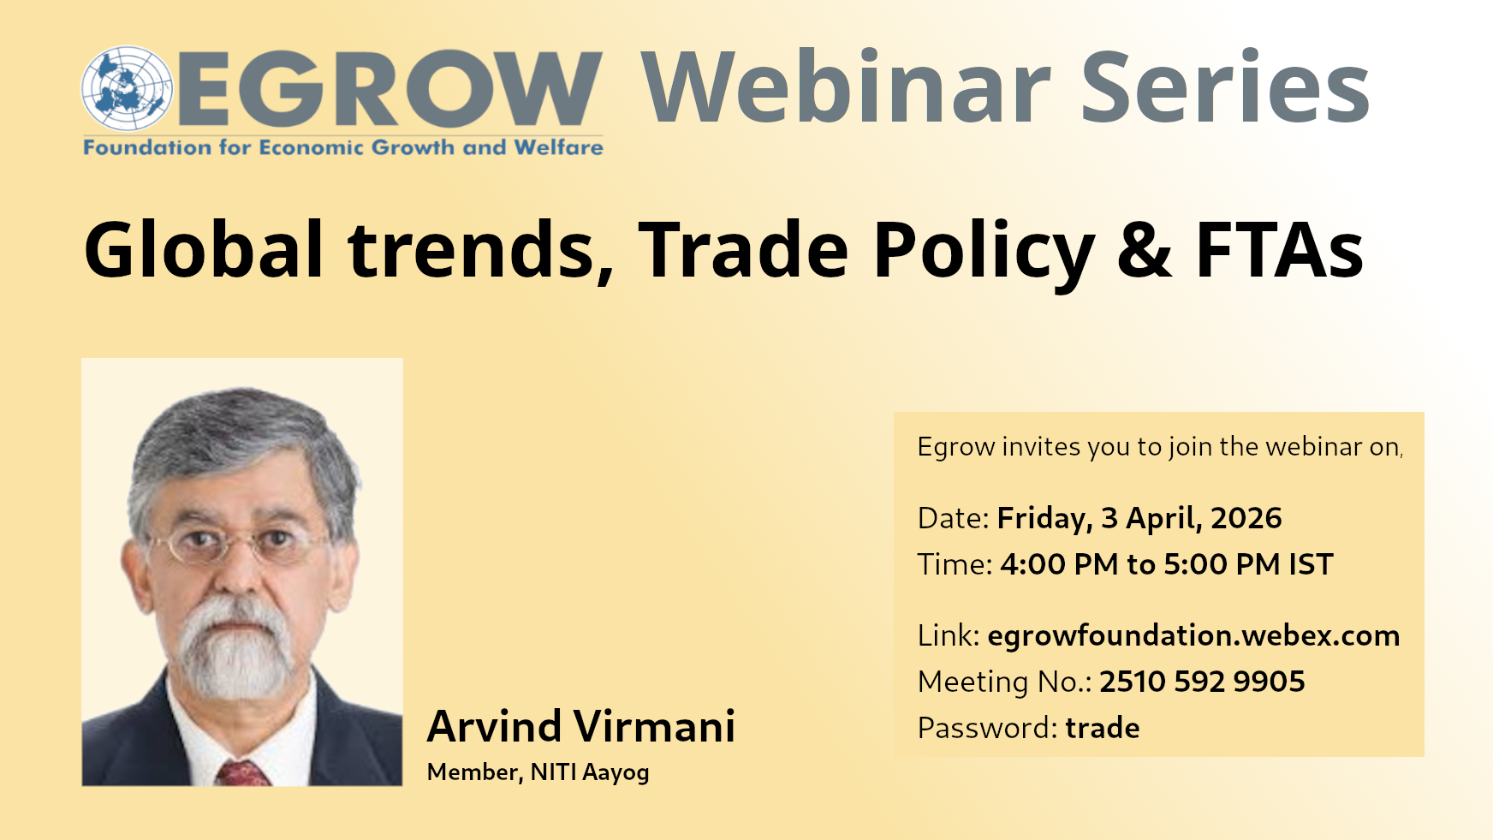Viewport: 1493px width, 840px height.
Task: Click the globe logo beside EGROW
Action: click(127, 88)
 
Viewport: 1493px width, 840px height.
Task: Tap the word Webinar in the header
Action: click(846, 87)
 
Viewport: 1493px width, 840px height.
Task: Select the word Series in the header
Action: click(1225, 87)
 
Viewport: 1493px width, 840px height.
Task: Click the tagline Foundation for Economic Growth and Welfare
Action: click(343, 147)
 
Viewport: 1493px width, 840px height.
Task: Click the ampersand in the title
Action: click(1145, 250)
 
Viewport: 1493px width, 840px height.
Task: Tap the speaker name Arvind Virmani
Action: click(581, 726)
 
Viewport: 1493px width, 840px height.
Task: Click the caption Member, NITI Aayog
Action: click(538, 772)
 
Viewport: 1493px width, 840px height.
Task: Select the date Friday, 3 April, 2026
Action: click(1139, 519)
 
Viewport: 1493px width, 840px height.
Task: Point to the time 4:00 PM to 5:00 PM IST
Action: click(1167, 564)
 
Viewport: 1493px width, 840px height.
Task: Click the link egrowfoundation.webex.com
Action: click(1193, 635)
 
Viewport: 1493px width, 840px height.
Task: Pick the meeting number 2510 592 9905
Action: click(1202, 682)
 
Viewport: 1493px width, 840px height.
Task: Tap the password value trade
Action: click(1103, 728)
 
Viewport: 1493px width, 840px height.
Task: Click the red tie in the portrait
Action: click(243, 772)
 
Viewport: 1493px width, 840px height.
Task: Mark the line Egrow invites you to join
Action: click(1160, 447)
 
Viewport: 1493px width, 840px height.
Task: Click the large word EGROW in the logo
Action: click(390, 88)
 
